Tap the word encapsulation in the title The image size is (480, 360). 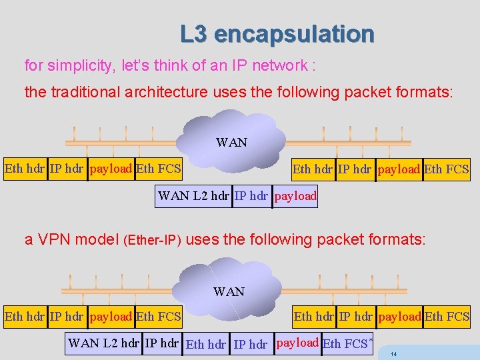(x=294, y=33)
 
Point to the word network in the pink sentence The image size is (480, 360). (x=279, y=66)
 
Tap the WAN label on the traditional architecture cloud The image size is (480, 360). (x=231, y=142)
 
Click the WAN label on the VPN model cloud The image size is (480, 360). (x=229, y=291)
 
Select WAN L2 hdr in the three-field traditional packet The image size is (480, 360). (x=193, y=197)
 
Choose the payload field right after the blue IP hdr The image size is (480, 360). (x=295, y=197)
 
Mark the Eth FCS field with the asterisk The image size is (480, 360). (x=346, y=344)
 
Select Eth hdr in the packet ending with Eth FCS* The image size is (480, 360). (x=205, y=345)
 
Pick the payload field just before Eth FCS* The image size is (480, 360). (x=297, y=343)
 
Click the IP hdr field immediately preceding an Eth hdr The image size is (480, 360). (x=162, y=343)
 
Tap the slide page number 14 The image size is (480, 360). (x=394, y=353)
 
